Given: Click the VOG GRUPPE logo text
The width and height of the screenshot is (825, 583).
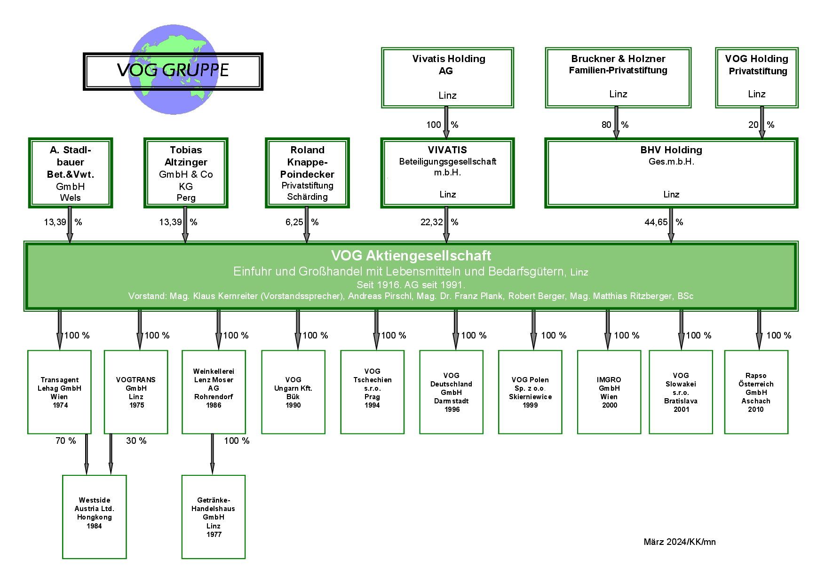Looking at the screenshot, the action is (173, 70).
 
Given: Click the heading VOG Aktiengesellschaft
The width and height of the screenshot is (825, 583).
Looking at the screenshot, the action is (411, 255).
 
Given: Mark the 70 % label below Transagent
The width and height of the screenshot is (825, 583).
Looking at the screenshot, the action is (66, 441).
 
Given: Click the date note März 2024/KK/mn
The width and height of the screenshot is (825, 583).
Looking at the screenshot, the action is (680, 542).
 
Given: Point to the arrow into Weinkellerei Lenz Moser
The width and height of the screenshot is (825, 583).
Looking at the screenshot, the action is (219, 330).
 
